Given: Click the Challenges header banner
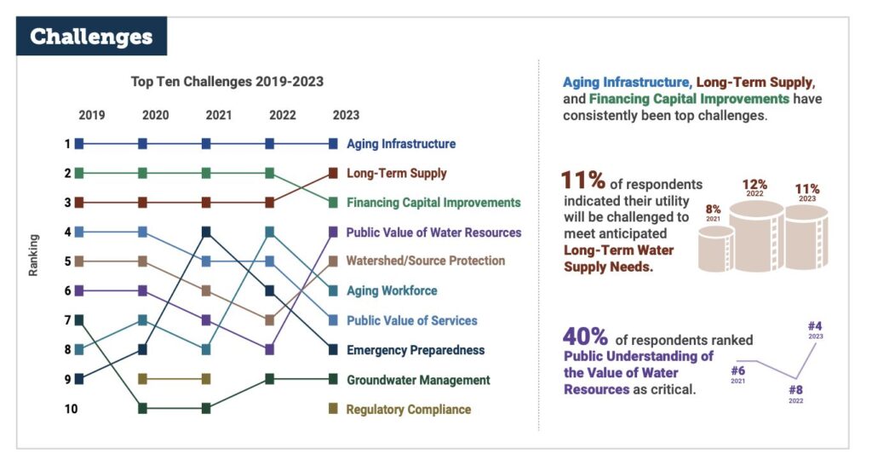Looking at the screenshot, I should (92, 37).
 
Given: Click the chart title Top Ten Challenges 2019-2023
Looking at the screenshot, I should (227, 82).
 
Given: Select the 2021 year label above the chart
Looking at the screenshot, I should (205, 115).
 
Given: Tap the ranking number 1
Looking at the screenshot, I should (66, 144).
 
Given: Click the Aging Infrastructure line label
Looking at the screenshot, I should (400, 144).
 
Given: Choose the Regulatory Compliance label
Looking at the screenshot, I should (408, 410).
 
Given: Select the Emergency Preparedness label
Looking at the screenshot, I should (415, 350).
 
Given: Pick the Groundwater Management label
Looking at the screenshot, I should (418, 380).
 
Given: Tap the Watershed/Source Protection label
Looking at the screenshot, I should (425, 261).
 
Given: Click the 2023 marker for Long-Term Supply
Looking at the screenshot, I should (333, 174).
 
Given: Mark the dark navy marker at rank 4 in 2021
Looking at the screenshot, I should (206, 232).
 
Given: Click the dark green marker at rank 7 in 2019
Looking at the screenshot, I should (79, 320).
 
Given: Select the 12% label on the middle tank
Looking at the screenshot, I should (754, 184).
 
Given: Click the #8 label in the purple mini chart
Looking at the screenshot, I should (795, 390).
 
